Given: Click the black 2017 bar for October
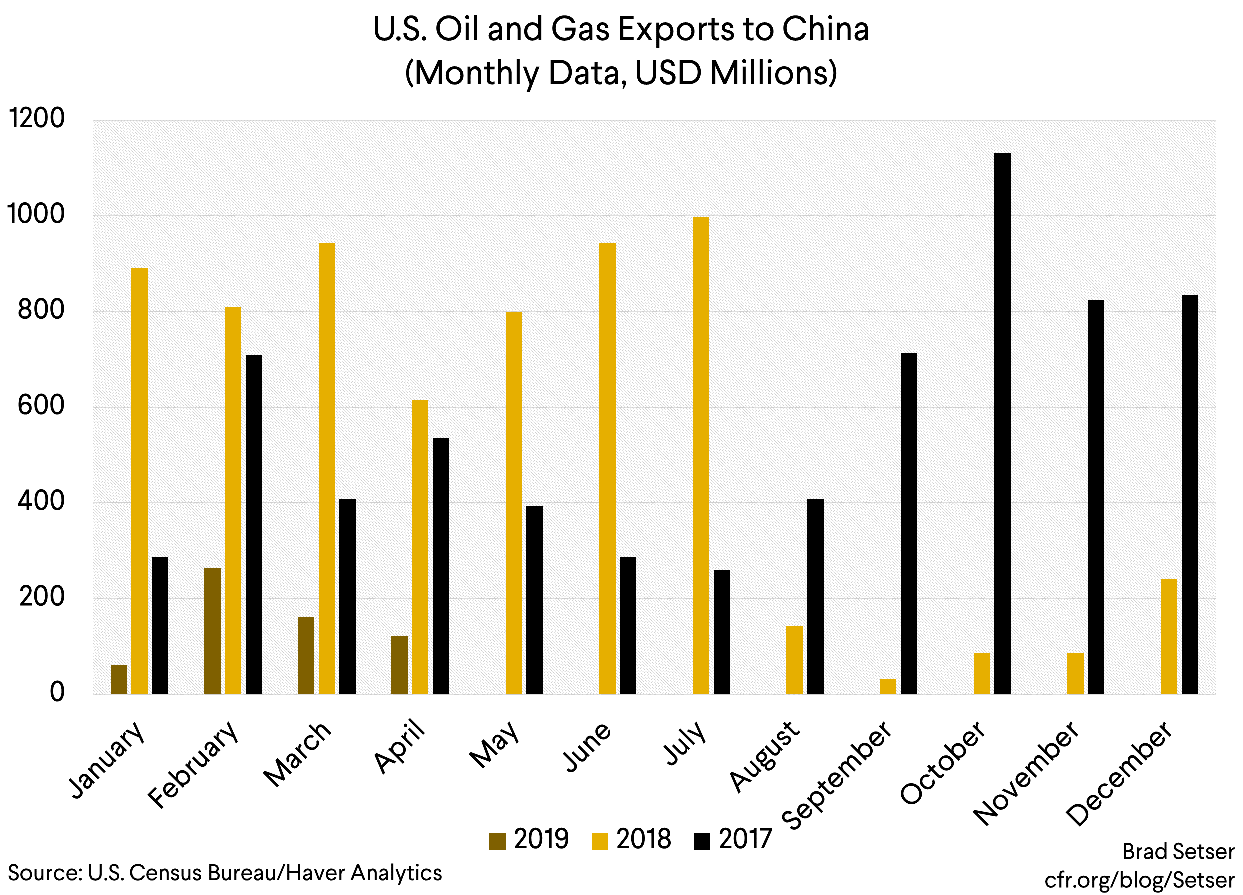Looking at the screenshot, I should (x=1002, y=423).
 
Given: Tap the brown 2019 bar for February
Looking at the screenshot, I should (x=212, y=631).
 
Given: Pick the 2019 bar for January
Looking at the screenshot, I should (x=119, y=679).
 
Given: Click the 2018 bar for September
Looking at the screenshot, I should (x=888, y=687).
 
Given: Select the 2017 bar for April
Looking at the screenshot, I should (x=441, y=566).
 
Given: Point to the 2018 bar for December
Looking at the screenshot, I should (x=1169, y=636).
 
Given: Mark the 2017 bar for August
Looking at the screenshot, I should (x=815, y=596).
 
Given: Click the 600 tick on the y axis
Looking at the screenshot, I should (x=41, y=406).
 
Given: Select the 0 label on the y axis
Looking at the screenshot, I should (x=57, y=692).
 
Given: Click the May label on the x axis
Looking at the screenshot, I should (x=495, y=744).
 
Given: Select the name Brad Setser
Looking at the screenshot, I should (x=1178, y=851).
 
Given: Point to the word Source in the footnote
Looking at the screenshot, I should (x=44, y=873).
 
